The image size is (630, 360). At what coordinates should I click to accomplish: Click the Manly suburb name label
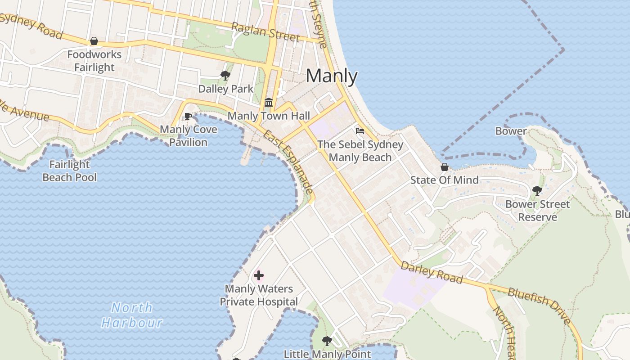[332, 76]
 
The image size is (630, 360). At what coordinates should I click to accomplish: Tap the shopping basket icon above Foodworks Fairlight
[94, 41]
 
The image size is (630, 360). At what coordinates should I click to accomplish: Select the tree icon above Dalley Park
[225, 76]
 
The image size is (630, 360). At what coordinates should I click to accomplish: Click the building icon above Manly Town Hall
[269, 103]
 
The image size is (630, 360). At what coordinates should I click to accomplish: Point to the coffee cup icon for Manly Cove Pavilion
[188, 117]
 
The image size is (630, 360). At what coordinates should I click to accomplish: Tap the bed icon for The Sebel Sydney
[360, 131]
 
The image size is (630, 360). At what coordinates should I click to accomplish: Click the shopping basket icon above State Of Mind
[444, 167]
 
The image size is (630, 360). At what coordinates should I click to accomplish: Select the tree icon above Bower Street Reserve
[537, 191]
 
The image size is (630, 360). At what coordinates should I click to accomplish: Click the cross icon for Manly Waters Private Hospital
[259, 275]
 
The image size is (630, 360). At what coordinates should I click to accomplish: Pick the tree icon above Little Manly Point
[327, 341]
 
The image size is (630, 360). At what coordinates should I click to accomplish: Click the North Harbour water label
[132, 315]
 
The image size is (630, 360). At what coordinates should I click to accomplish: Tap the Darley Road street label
[432, 273]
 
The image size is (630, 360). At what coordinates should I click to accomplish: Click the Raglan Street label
[265, 31]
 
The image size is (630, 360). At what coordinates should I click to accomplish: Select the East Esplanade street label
[288, 162]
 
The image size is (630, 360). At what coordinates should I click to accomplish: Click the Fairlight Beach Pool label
[70, 171]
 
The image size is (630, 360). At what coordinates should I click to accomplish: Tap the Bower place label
[511, 131]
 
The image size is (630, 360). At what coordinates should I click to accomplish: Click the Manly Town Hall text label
[269, 116]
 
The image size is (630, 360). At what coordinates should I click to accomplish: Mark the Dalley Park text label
[226, 89]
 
